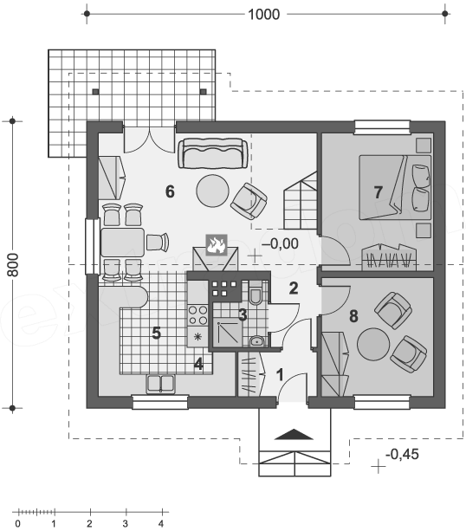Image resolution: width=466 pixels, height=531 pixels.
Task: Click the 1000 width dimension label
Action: point(264,15)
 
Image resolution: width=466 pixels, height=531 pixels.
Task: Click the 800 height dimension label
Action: point(14,264)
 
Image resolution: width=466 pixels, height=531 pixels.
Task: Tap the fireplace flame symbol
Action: point(217,244)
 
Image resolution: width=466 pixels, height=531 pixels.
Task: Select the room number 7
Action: point(378,192)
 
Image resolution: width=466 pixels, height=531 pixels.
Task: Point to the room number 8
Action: point(353,316)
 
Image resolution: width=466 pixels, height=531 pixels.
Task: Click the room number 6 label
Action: point(170,191)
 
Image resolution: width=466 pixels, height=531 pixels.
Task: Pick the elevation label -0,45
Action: point(402,454)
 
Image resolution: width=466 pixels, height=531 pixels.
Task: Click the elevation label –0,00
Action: point(280,243)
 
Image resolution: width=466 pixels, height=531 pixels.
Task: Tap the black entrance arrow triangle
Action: point(294,434)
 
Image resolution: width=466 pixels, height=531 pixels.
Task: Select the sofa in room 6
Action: point(213,153)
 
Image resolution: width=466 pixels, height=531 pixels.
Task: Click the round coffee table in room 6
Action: point(213,191)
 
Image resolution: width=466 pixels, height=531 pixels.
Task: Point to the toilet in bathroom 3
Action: point(256,294)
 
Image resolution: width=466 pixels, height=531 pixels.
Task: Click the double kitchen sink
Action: point(160,384)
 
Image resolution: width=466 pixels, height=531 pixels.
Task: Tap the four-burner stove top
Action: point(198,315)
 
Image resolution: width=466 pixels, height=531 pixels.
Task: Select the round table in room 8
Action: point(373,344)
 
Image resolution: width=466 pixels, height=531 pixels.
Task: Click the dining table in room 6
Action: point(123,243)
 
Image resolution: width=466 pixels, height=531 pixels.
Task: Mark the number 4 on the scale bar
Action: point(161,523)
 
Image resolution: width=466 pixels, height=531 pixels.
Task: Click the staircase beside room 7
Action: point(301,200)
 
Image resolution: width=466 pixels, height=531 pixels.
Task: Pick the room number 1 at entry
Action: point(280,375)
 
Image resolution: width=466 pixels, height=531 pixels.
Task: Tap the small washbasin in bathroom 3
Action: point(257,341)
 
